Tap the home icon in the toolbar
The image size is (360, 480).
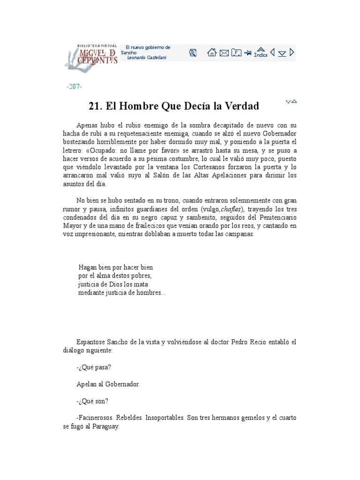tap(212, 52)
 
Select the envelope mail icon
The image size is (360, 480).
tap(224, 53)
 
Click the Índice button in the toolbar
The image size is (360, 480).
tap(261, 52)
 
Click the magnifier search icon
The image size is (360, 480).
tap(193, 52)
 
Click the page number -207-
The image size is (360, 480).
tap(75, 87)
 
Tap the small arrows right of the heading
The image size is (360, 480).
tap(291, 101)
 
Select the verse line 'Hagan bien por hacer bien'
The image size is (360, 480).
tap(115, 267)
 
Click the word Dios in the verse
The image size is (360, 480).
tap(115, 284)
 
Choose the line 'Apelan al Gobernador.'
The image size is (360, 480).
tap(108, 384)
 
